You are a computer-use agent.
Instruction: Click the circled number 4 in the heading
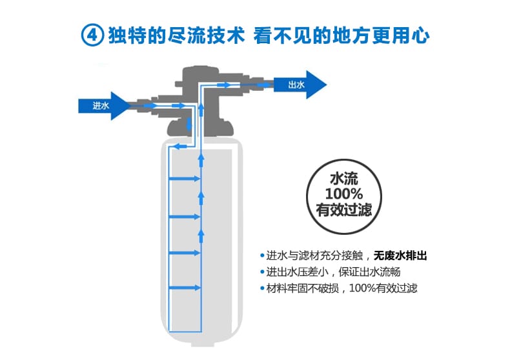coord(93,35)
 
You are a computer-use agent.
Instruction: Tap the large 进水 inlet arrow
coord(104,106)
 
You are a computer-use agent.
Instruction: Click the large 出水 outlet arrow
coord(300,85)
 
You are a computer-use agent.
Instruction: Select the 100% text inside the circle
coord(344,194)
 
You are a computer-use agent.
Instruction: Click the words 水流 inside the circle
coord(344,178)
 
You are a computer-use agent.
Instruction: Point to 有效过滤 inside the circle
coord(344,210)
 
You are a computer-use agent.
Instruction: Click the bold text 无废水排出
coord(400,255)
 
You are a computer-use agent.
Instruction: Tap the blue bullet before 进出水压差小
coord(262,272)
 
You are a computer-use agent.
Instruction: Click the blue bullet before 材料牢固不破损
coord(262,288)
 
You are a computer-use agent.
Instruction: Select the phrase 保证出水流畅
coord(369,272)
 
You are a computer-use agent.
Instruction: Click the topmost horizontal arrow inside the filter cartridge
coord(184,178)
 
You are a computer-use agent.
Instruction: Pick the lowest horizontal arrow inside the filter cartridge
coord(184,288)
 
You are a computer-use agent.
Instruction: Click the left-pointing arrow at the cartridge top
coord(180,146)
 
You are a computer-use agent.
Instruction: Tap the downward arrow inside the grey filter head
coord(189,124)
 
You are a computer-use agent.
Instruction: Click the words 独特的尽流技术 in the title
coord(176,35)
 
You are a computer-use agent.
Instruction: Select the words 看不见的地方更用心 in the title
coord(342,35)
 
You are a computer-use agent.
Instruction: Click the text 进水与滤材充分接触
coord(314,255)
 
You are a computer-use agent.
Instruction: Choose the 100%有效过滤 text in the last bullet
coord(383,288)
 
